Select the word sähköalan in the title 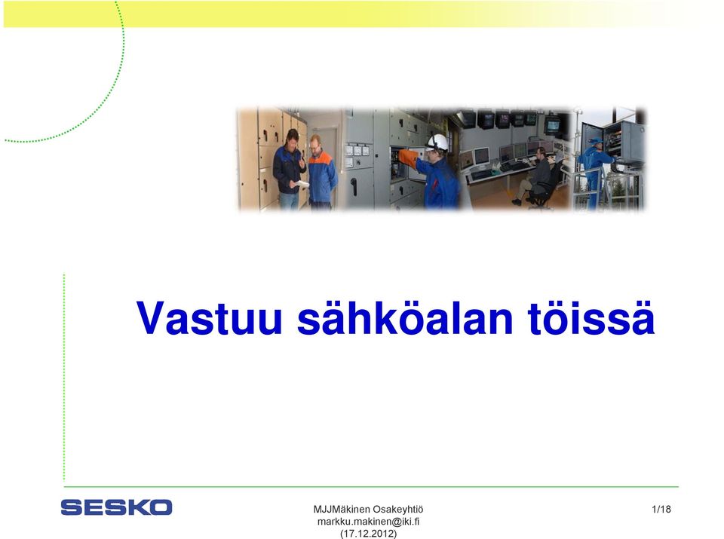pos(404,317)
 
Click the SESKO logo pos(116,507)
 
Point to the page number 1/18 pos(661,509)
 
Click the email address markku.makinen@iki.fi pos(369,522)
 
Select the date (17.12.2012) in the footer pos(369,534)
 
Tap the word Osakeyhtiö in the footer pos(397,509)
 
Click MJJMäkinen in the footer pos(342,509)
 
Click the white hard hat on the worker pos(437,141)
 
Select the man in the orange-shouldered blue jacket pos(322,173)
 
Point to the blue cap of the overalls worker pos(596,140)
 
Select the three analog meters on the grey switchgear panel pos(357,151)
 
